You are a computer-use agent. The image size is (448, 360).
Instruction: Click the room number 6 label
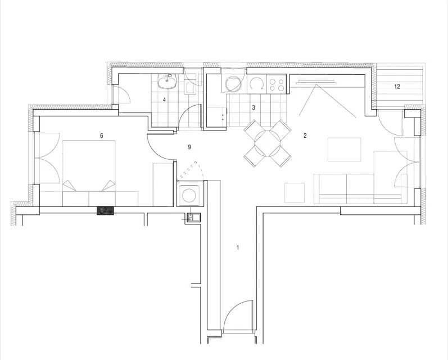(101, 136)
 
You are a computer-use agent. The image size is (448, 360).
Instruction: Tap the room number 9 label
(189, 147)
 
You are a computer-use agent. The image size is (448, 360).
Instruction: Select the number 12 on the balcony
(397, 87)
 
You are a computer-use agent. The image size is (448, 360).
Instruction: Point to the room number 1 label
(238, 247)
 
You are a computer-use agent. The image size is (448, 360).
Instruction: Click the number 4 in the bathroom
(164, 100)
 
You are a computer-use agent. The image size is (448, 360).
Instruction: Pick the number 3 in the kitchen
(254, 107)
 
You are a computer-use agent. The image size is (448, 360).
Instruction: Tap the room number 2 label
(305, 136)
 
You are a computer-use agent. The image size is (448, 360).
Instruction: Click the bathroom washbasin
(168, 82)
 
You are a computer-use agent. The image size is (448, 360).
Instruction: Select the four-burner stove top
(277, 83)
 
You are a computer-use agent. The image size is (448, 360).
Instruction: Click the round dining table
(268, 143)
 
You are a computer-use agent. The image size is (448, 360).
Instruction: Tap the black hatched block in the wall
(106, 211)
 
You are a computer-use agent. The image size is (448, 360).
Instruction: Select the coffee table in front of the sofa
(344, 150)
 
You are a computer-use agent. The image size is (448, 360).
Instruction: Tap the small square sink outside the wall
(194, 217)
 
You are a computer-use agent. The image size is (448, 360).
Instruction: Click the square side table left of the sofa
(295, 193)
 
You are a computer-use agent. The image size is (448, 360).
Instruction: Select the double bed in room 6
(89, 173)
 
